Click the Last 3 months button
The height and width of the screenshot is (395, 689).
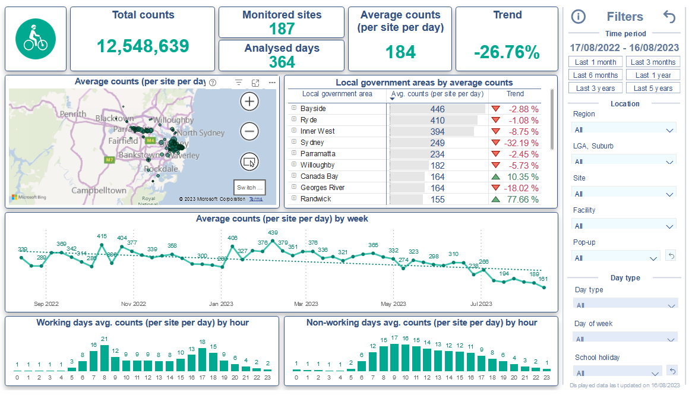[653, 62]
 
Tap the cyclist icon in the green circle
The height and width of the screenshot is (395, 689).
[35, 39]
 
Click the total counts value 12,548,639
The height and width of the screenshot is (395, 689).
[143, 46]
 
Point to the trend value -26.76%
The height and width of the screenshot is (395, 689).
[507, 52]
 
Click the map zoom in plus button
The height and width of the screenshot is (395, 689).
[249, 102]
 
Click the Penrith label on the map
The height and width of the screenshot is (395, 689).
[73, 113]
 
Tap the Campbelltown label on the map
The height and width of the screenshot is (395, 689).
[99, 190]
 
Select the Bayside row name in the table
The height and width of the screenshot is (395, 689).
[312, 109]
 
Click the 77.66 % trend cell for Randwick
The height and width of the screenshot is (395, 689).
[521, 199]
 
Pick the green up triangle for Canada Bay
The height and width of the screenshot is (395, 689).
[495, 176]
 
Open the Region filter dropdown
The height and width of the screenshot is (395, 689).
[624, 129]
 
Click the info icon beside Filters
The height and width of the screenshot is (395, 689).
[578, 17]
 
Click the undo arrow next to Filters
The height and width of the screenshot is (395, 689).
[669, 17]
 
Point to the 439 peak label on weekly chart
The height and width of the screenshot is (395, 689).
[273, 233]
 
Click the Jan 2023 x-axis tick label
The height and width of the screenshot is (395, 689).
[222, 304]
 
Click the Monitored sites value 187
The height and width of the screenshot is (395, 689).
[282, 29]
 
